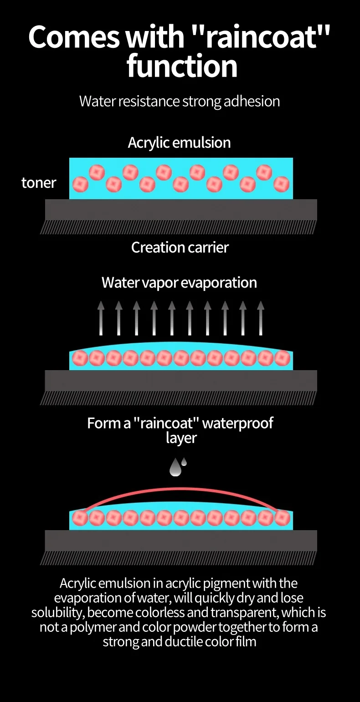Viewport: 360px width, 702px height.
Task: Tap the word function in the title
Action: point(182,66)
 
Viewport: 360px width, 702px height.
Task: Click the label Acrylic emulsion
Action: point(179,143)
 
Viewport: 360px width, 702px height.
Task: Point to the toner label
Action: point(39,183)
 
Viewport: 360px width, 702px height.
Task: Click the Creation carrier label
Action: point(180,248)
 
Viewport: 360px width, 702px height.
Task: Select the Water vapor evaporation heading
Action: point(179,283)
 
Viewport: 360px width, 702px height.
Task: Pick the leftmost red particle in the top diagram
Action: point(80,184)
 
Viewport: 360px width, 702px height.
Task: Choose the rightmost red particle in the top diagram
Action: point(281,184)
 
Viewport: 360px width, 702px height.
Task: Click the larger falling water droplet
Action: point(175,468)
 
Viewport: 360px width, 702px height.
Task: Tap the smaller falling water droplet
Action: point(184,462)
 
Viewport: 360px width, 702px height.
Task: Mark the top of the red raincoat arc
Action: point(181,489)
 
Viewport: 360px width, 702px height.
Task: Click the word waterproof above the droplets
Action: point(237,423)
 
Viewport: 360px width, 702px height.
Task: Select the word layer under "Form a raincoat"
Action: point(181,438)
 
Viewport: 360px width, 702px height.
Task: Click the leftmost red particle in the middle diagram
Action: point(80,358)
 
